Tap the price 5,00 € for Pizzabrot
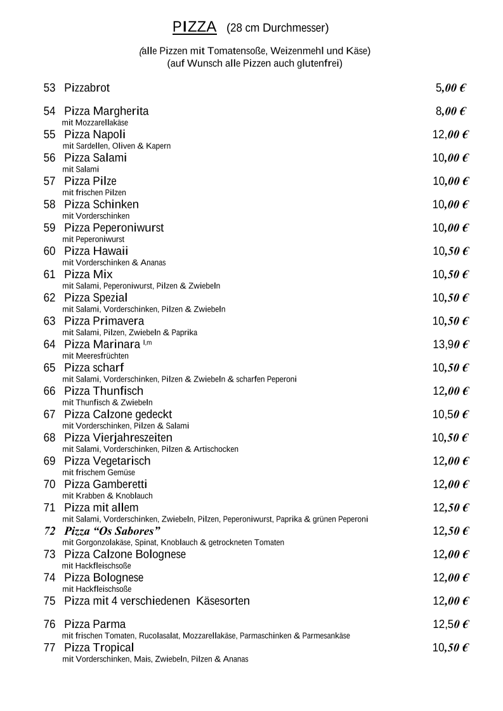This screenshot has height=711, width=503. (x=450, y=88)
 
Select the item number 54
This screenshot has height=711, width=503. (x=49, y=112)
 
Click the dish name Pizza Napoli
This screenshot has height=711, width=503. (x=95, y=134)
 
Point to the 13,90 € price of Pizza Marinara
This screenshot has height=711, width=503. (x=450, y=345)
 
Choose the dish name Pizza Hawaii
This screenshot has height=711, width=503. (x=96, y=251)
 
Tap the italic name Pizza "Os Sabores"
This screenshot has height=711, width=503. (x=112, y=531)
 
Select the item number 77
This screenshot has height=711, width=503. (x=49, y=648)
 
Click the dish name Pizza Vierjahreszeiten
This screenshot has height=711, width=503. (x=118, y=438)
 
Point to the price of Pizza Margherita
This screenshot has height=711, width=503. (x=450, y=112)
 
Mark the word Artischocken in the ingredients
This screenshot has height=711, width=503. (x=216, y=449)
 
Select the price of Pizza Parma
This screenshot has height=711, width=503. (x=450, y=624)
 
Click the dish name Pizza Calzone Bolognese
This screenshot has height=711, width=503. (x=125, y=554)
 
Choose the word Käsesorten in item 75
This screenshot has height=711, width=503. (x=223, y=601)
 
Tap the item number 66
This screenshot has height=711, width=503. (x=49, y=391)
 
